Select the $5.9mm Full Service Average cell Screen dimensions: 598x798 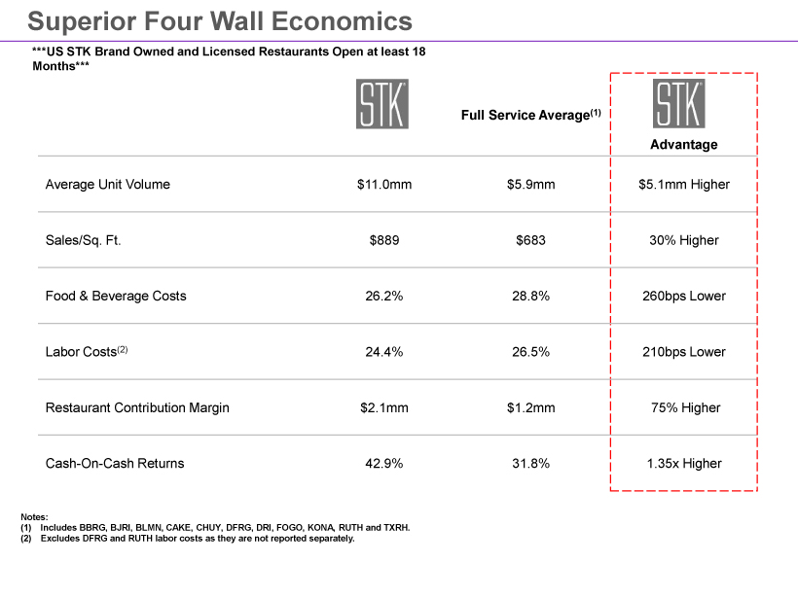click(530, 184)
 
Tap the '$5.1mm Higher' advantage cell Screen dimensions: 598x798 click(683, 184)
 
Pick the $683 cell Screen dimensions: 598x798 click(530, 240)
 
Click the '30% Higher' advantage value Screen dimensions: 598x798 click(683, 240)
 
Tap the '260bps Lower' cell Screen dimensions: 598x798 click(683, 296)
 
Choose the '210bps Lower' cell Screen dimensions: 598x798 click(683, 352)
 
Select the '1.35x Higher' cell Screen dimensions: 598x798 click(683, 464)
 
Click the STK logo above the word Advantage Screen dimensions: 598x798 click(678, 103)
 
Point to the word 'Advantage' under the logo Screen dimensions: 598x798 click(683, 145)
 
